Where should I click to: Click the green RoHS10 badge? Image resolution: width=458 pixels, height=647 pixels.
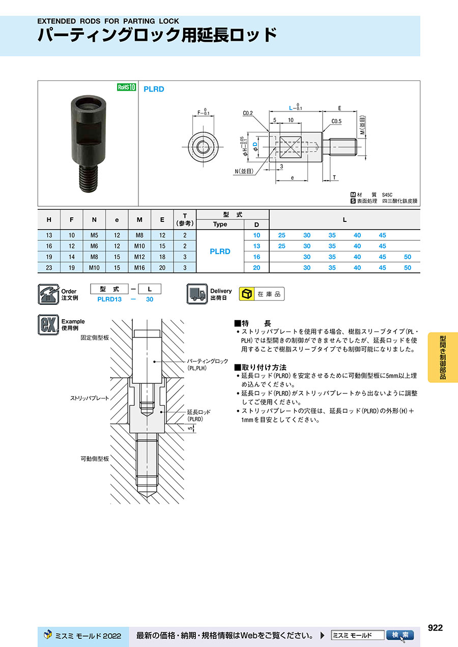[127, 87]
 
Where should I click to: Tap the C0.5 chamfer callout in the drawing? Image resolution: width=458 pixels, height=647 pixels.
[336, 121]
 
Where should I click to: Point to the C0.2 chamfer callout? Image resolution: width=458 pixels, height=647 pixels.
[248, 113]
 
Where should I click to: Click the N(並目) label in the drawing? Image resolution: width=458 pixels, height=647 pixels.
[244, 171]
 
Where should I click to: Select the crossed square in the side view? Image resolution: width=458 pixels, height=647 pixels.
[291, 147]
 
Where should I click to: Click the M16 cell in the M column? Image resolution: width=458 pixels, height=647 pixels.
[139, 268]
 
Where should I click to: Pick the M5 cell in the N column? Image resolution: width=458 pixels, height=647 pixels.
[94, 235]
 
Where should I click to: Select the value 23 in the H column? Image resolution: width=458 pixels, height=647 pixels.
[49, 268]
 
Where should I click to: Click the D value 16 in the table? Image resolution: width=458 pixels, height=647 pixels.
[256, 257]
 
